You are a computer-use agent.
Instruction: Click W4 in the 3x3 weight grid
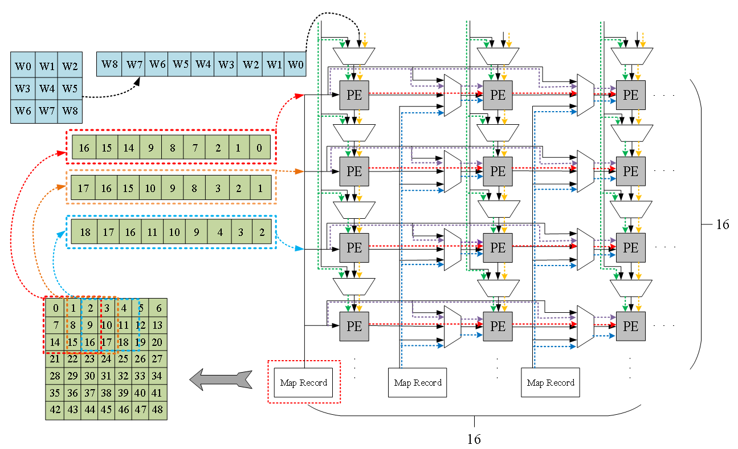coord(47,89)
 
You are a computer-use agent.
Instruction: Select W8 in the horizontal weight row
coord(110,64)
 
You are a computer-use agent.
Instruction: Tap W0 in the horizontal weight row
coord(295,64)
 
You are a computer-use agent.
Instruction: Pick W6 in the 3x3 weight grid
coord(23,111)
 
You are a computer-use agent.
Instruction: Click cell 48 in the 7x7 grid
coord(157,410)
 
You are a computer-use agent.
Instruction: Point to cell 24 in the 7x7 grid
coord(106,360)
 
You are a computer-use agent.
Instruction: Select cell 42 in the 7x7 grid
coord(55,410)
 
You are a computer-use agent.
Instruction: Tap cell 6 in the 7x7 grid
coord(158,308)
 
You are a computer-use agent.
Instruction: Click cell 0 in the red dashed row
coord(259,148)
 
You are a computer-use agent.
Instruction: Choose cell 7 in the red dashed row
coord(194,148)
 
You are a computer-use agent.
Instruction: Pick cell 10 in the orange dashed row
coord(150,188)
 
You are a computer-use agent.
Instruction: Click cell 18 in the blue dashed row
coord(85,232)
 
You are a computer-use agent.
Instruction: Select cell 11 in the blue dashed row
coord(152,232)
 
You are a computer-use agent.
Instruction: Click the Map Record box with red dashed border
coord(304,382)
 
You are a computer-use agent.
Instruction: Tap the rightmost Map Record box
coord(551,382)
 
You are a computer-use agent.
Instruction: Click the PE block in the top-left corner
coord(354,95)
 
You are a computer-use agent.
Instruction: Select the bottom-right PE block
coord(630,326)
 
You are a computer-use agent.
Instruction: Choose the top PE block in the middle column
coord(498,95)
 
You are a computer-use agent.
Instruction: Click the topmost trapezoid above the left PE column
coord(353,56)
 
